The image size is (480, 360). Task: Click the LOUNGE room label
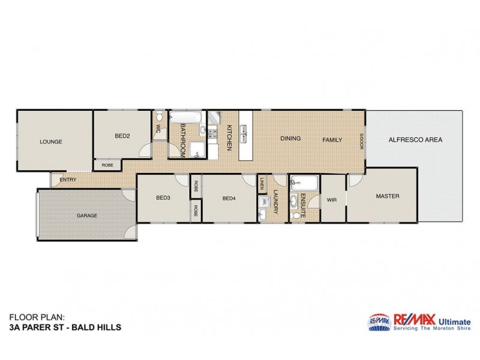coord(51,142)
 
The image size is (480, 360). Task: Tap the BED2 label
coord(122,136)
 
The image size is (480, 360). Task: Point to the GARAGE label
coord(86,215)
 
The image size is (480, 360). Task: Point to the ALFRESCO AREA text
coord(416,140)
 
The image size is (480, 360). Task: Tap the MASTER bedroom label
coord(388,196)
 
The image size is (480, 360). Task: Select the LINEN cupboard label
coord(263,185)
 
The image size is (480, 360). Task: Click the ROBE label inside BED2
coord(107,165)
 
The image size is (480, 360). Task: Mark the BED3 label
coord(164,197)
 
